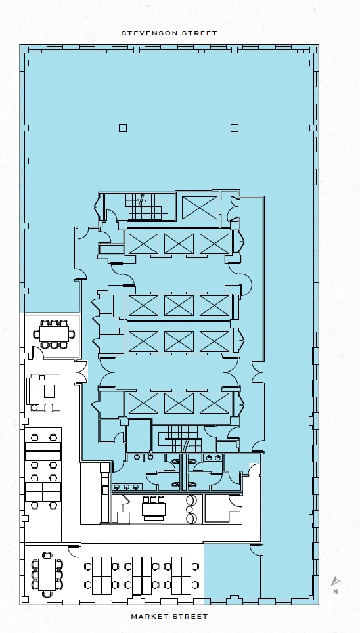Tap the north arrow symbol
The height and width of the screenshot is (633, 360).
click(335, 581)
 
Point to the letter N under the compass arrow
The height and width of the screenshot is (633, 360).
click(335, 592)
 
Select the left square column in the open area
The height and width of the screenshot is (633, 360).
click(123, 128)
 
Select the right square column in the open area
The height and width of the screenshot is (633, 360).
click(235, 128)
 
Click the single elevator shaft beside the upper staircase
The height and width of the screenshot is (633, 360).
click(200, 208)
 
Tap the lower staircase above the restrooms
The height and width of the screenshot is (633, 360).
click(183, 439)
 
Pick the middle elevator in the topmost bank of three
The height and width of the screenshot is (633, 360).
click(179, 244)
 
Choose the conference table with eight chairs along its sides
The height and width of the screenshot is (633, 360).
click(55, 334)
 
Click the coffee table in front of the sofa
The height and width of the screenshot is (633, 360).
click(49, 391)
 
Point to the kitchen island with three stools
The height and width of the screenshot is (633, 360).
click(154, 509)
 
